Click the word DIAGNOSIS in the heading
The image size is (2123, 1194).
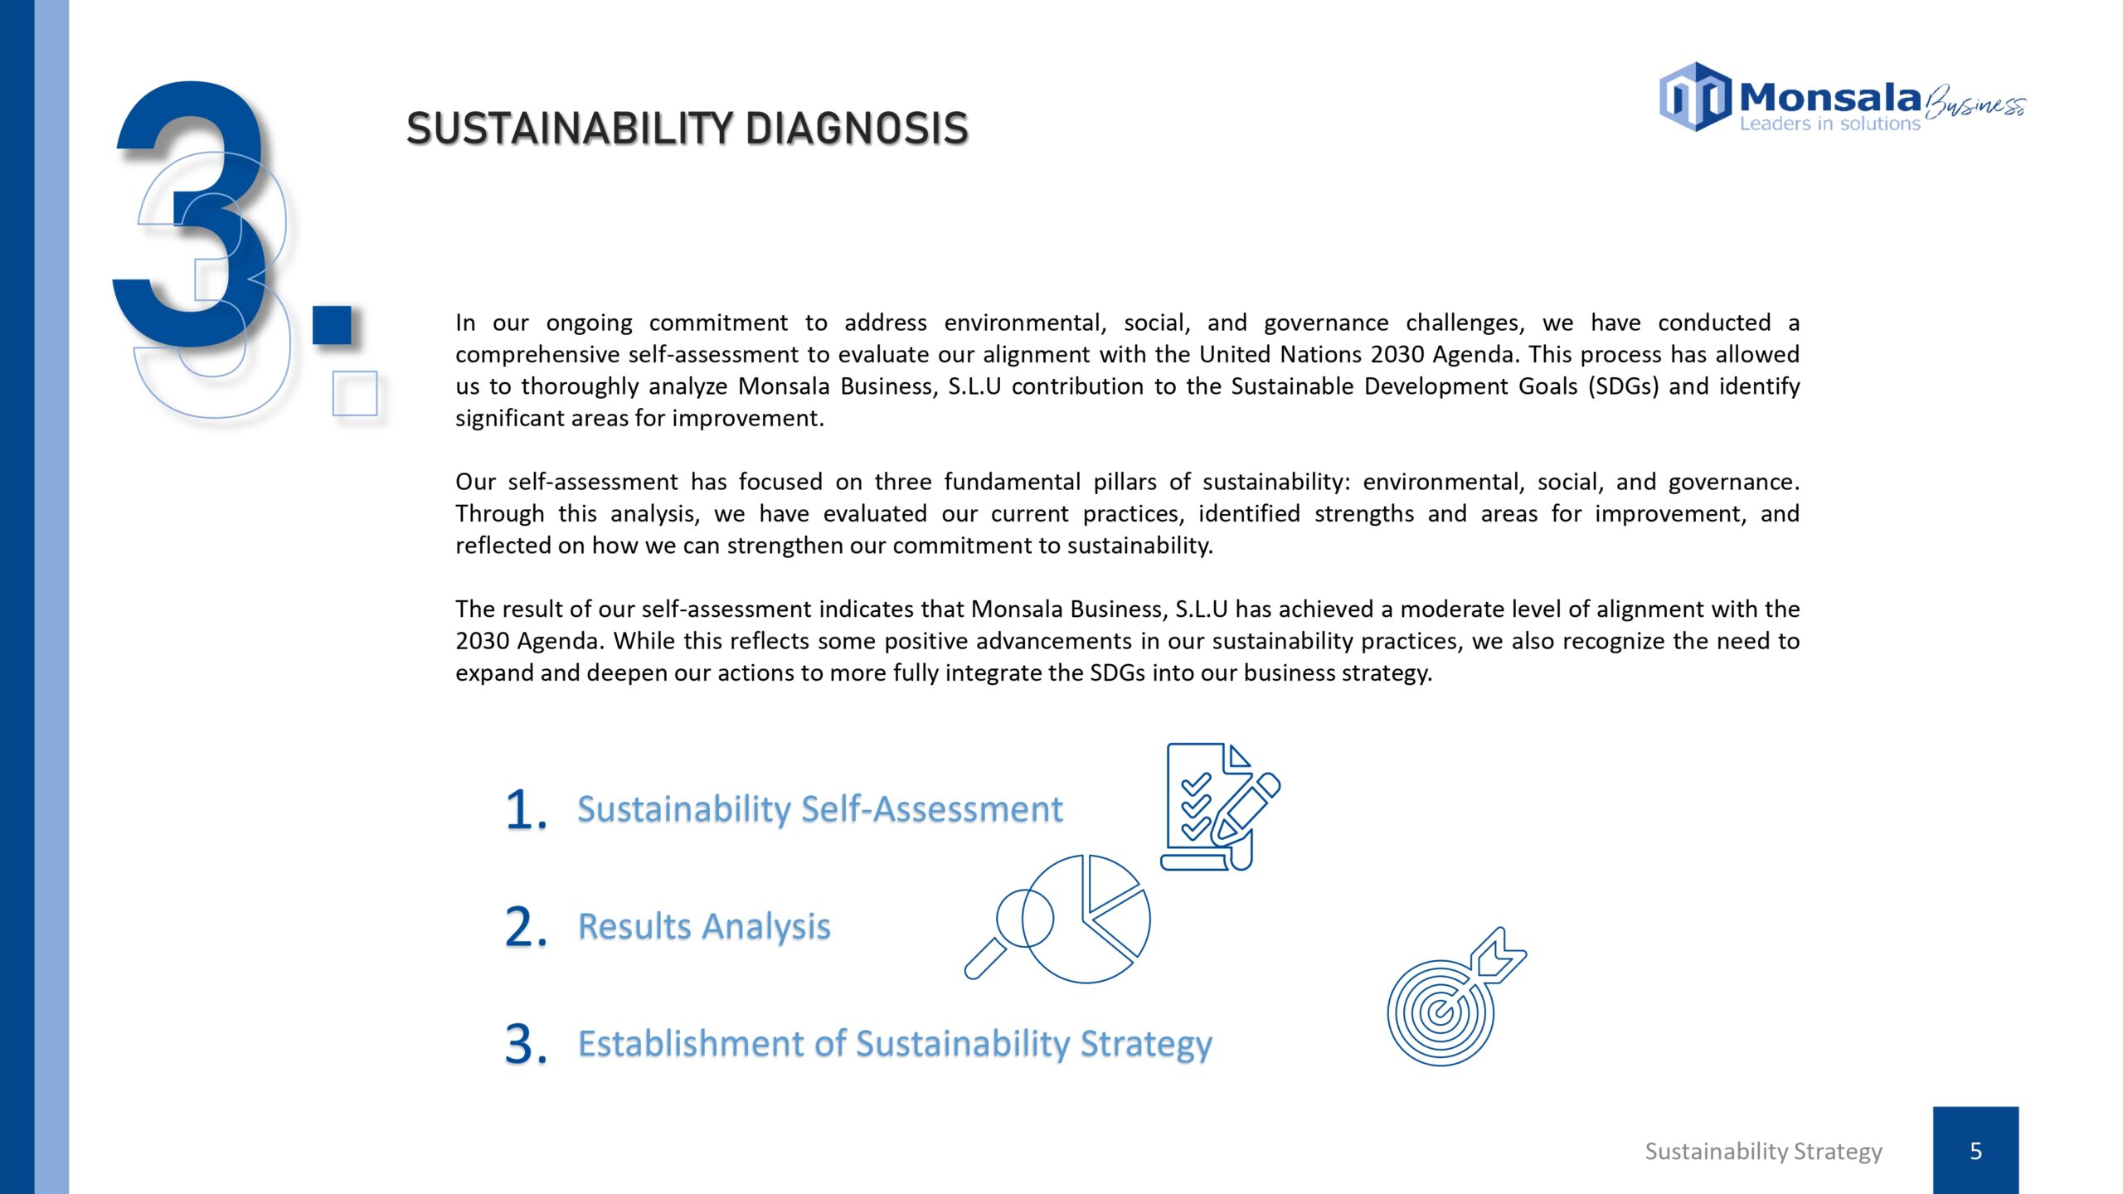(857, 129)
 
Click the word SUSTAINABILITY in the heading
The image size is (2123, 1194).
(570, 129)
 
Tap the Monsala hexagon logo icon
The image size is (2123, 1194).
(1695, 97)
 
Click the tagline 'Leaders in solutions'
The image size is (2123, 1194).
(1829, 124)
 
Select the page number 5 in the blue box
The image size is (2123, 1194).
(1975, 1151)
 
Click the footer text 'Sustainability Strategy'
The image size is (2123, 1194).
(1763, 1152)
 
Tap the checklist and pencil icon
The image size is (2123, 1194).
(1220, 807)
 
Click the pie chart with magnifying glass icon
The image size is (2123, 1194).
(1057, 919)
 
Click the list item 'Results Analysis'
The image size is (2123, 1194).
(704, 927)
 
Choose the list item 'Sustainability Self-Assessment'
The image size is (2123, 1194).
(820, 809)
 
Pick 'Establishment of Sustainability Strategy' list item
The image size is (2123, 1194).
(895, 1045)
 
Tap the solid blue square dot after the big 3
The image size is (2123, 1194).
(333, 325)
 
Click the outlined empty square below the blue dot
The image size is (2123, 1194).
(355, 393)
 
